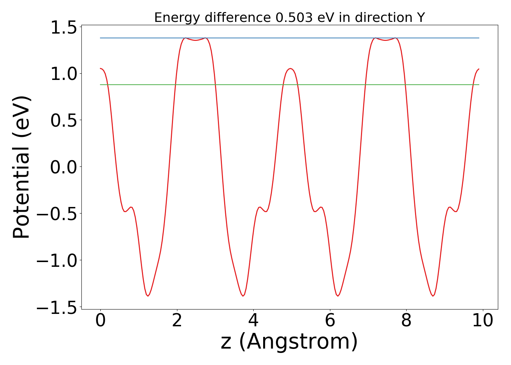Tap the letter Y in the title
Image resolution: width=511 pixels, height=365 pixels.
point(421,18)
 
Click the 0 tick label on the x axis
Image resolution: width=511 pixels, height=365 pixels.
point(100,321)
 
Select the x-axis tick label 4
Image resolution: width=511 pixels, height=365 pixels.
point(253,321)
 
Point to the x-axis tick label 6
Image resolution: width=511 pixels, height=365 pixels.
point(330,321)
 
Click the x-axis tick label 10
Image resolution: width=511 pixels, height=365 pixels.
point(483,321)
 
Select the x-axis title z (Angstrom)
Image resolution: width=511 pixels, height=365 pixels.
point(289,342)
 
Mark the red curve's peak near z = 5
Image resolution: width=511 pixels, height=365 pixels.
point(290,69)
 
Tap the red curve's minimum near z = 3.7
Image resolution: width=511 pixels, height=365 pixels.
point(243,296)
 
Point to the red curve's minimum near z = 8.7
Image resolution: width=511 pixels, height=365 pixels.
point(433,296)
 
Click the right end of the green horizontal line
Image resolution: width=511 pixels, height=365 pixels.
point(479,85)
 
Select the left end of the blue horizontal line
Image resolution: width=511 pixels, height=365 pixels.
point(101,38)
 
